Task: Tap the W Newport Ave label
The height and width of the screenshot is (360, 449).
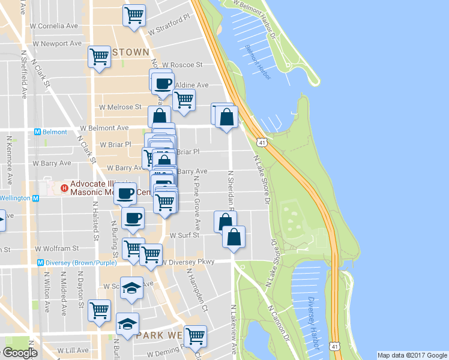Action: coord(58,44)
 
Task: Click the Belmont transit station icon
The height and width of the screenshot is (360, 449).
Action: coord(37,131)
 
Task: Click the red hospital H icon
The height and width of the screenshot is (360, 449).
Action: coord(64,188)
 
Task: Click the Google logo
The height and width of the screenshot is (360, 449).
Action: coord(19,353)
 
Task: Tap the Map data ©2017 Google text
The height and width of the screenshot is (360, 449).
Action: coord(411,355)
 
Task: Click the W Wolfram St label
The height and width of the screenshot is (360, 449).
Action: coord(57,248)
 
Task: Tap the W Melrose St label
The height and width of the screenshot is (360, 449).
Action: coord(121,107)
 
